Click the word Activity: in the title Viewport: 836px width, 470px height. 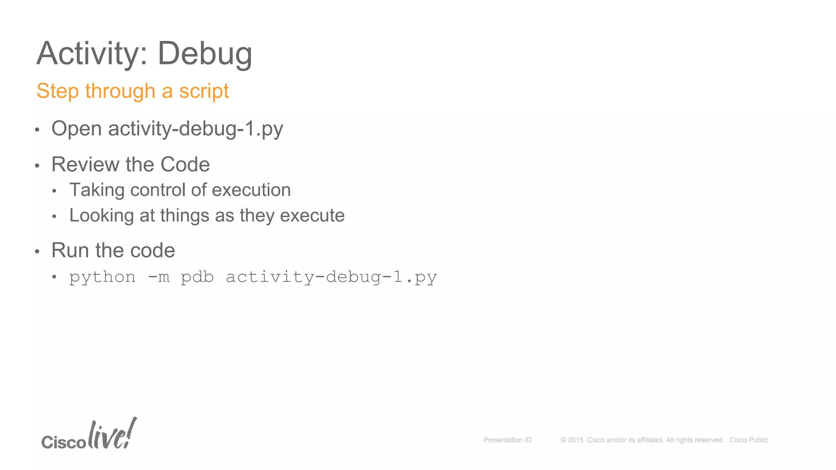point(92,53)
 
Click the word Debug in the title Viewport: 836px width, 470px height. point(205,53)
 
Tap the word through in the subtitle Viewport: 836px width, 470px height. point(120,91)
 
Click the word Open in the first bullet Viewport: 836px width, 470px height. point(76,129)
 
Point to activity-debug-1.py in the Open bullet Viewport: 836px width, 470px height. point(196,129)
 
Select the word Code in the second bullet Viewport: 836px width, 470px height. point(185,164)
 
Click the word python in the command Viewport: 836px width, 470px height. point(102,277)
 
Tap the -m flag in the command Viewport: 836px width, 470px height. point(158,277)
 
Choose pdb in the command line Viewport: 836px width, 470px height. point(197,277)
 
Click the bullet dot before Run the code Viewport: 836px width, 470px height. point(37,251)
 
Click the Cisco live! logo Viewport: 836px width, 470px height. point(89,435)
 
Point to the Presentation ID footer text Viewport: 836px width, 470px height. point(507,440)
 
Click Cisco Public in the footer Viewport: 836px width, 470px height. point(749,440)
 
